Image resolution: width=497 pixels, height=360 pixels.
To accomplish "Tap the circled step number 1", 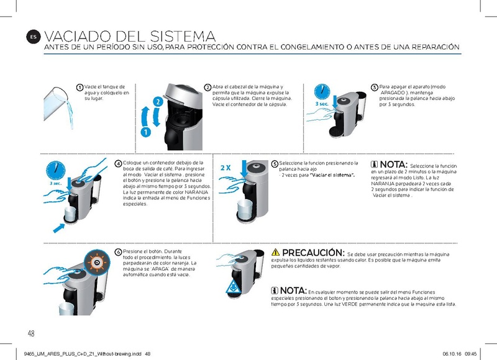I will click(80, 87).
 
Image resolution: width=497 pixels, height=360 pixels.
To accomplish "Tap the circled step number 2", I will click(207, 87).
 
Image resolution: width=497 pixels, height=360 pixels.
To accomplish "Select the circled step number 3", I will click(374, 87).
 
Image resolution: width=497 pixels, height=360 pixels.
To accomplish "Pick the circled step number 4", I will click(119, 163).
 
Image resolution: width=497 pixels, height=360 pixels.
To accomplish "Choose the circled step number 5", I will click(275, 163).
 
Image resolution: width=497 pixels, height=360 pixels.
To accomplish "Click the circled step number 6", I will click(119, 252).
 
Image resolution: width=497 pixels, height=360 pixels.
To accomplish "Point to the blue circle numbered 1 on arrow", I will click(145, 132).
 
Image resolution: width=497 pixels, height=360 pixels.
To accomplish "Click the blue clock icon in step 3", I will click(322, 91).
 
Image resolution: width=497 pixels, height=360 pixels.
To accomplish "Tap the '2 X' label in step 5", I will click(226, 168).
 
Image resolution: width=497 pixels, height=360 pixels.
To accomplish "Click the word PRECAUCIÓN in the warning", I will click(313, 253).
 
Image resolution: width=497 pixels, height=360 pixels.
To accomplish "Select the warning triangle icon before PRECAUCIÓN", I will click(276, 253).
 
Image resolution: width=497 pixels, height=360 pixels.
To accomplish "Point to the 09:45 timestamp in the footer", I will click(470, 353).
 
